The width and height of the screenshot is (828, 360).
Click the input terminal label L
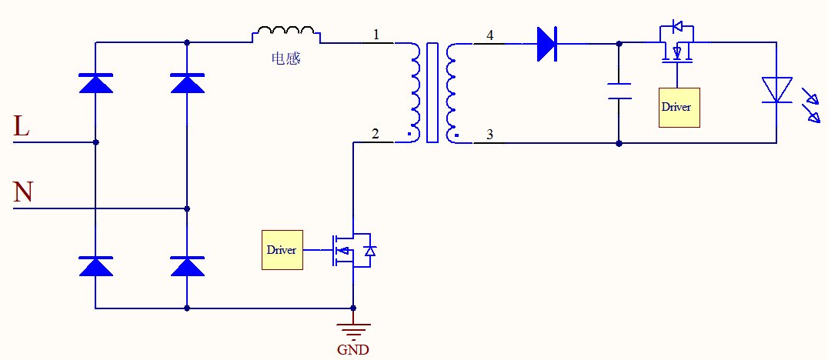coord(22,127)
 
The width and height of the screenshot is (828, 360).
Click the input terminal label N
coord(23,192)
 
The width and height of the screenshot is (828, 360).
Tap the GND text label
coord(353,350)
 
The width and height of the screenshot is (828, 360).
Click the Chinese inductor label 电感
coord(286,58)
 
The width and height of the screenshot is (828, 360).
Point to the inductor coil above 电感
coord(286,34)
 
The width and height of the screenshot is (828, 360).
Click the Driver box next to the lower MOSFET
coord(282,250)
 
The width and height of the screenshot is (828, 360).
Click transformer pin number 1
coord(376,35)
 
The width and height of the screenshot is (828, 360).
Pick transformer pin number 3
coord(489,135)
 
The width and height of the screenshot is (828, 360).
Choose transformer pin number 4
coord(489,35)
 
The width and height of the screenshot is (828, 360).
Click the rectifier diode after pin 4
coord(546,44)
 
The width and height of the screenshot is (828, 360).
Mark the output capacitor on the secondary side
coord(619,92)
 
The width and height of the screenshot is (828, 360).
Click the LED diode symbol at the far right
coord(776,89)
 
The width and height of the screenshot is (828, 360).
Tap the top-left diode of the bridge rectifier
coord(95,82)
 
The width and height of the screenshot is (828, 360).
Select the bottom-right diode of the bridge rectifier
coord(187,266)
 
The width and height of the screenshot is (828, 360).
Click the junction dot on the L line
coord(95,142)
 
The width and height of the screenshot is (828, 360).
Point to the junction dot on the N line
coord(187,208)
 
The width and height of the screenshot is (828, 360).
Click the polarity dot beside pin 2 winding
coord(409,139)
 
